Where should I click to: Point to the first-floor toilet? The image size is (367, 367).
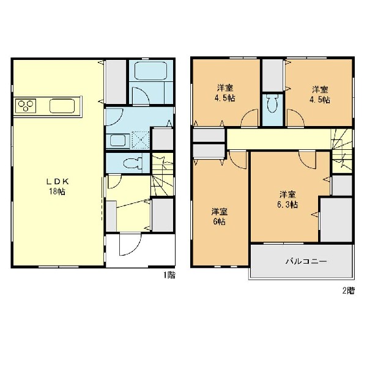click(131, 163)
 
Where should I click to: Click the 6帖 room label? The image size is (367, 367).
click(218, 217)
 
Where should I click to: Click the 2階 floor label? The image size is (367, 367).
click(347, 290)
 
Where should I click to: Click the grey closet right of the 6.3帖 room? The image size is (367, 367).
click(336, 218)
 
